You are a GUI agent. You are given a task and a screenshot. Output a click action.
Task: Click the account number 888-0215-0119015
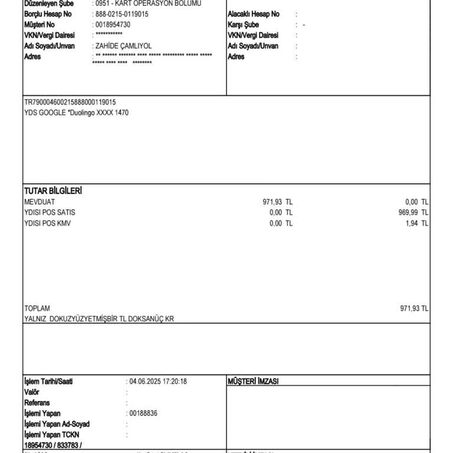click(x=122, y=14)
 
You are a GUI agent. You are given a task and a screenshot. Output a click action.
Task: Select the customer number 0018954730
click(x=113, y=25)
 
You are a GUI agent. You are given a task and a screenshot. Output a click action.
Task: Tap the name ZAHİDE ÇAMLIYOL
click(x=122, y=46)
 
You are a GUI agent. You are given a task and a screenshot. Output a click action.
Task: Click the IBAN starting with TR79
click(x=70, y=102)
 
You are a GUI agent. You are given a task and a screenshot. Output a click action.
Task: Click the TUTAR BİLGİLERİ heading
click(x=52, y=191)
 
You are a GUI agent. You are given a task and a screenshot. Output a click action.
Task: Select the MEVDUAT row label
click(x=40, y=202)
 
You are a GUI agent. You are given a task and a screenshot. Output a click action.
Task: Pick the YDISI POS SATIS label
click(x=50, y=212)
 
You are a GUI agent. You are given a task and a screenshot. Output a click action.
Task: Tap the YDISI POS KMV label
click(x=47, y=223)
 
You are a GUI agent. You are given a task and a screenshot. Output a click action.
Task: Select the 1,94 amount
click(x=412, y=223)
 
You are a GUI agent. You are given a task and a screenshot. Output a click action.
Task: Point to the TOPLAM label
click(x=37, y=308)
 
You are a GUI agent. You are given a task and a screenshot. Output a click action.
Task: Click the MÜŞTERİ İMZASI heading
click(x=252, y=382)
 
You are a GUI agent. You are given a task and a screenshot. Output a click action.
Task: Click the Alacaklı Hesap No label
click(x=253, y=14)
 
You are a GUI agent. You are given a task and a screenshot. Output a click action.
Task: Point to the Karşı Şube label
click(x=243, y=25)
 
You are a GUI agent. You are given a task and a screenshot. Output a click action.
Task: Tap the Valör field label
click(x=32, y=392)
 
